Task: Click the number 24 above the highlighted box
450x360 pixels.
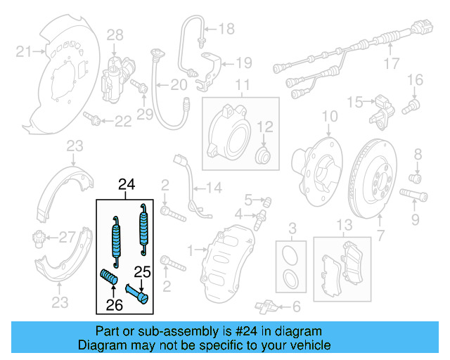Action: click(126, 186)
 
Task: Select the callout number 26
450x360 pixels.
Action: click(115, 304)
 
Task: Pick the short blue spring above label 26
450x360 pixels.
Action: click(110, 276)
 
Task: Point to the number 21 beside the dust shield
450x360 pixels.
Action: click(25, 51)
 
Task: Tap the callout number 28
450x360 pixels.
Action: click(115, 34)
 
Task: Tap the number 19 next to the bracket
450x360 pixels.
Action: click(243, 63)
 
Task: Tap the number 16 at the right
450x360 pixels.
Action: click(415, 78)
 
